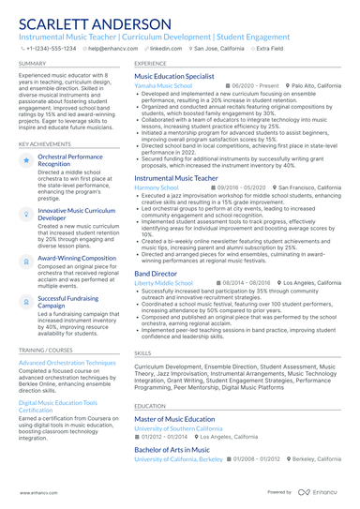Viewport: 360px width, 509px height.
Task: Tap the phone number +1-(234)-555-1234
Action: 52,47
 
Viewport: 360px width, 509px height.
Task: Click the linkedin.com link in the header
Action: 166,47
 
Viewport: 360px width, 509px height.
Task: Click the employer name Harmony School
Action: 156,187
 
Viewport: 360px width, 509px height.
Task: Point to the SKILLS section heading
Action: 142,353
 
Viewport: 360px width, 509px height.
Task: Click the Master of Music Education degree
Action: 174,418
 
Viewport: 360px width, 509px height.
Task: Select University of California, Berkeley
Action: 178,459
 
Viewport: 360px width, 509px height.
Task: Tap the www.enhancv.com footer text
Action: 33,491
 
